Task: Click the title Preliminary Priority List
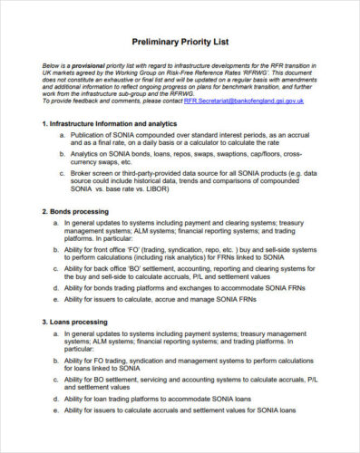[x=180, y=42]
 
